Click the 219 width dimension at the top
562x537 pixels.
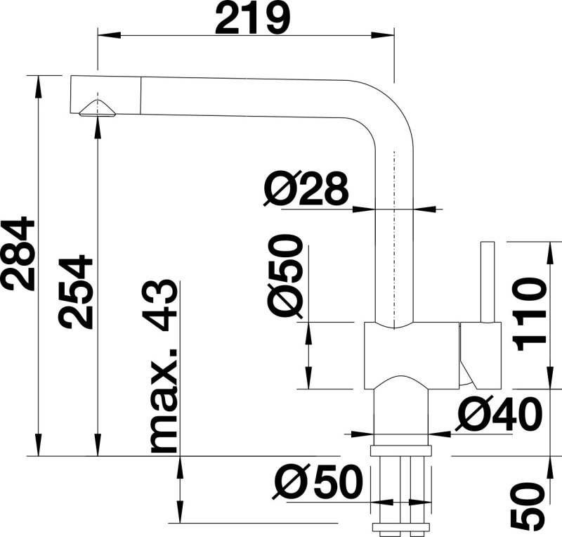coord(251,20)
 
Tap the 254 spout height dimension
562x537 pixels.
coord(77,292)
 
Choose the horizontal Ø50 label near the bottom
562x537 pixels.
coord(318,484)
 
